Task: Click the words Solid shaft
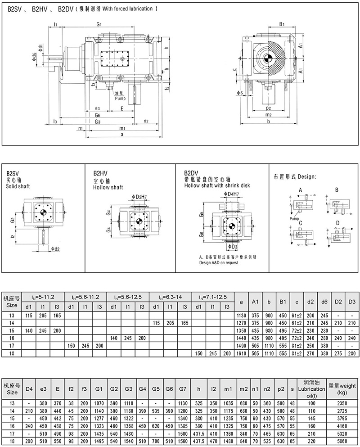(x=17, y=186)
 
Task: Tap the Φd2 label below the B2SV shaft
(x=55, y=248)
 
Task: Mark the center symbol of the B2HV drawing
(x=139, y=221)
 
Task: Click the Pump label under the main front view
(x=120, y=98)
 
